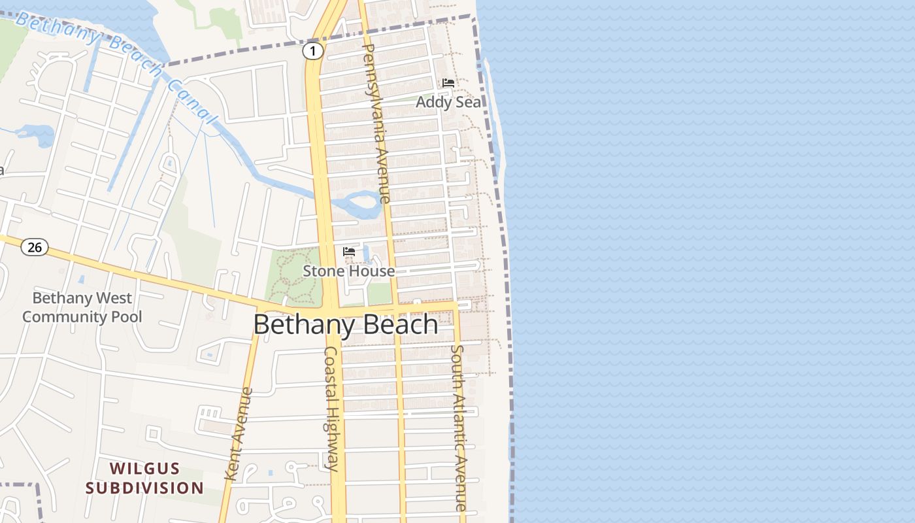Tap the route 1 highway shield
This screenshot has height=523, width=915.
313,51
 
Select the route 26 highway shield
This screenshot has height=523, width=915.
34,247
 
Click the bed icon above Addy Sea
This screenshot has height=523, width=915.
448,83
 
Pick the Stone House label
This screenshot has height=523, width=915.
348,271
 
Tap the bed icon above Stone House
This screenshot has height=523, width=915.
349,252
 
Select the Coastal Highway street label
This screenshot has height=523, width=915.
332,409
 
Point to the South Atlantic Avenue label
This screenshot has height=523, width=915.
459,428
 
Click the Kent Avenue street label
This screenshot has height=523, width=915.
239,434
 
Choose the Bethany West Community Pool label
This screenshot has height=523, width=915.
82,307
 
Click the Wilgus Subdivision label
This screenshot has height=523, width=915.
144,478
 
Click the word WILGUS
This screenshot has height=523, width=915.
144,468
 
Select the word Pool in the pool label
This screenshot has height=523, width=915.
127,317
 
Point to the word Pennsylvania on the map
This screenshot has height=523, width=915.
373,85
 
